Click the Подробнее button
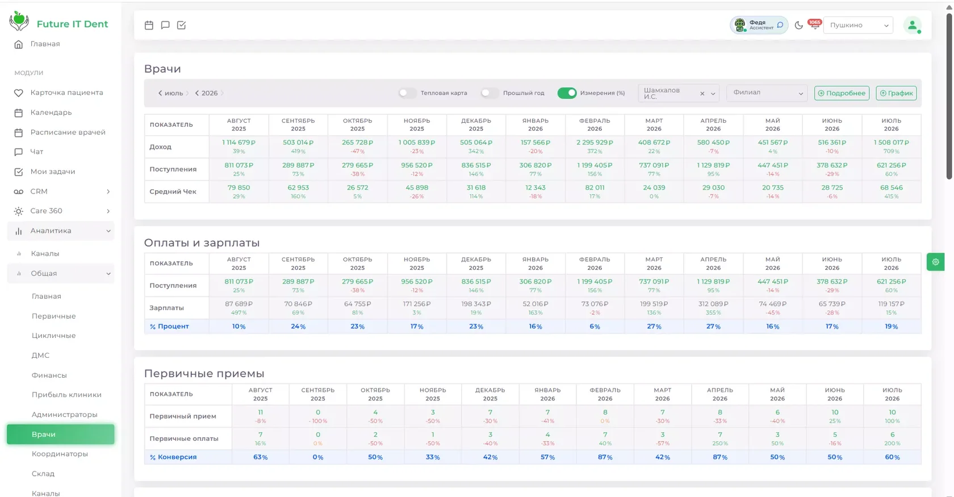pos(842,93)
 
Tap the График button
pos(896,93)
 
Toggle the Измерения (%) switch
pos(567,93)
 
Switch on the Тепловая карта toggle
pos(408,93)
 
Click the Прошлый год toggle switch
pos(489,93)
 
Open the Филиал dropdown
pos(767,93)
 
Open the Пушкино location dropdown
pos(858,25)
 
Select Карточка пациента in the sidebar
pos(66,93)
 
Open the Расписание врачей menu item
pos(68,132)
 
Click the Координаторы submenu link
pos(60,454)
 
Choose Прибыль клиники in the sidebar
pos(66,395)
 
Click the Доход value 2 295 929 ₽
pos(595,143)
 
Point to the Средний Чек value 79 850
pos(238,188)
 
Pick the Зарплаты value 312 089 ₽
pos(713,304)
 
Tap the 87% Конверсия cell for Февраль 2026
pos(605,457)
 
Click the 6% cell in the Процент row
pos(595,327)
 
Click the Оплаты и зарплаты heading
pos(202,243)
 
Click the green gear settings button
pos(935,262)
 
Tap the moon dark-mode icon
pos(798,25)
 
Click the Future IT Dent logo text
pos(73,24)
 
